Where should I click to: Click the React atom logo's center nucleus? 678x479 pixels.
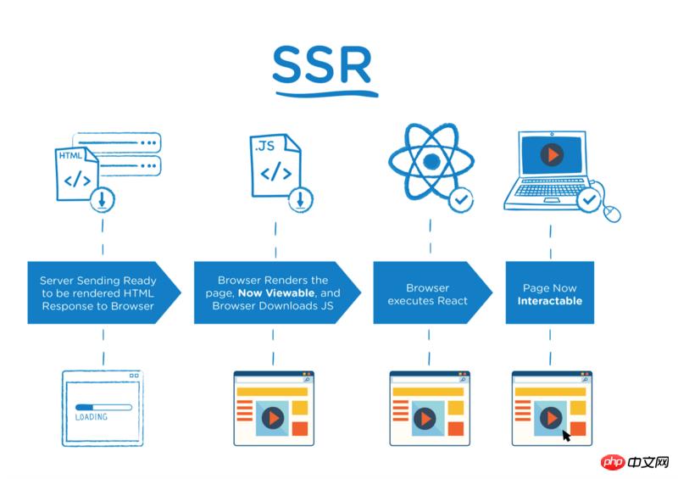(x=431, y=161)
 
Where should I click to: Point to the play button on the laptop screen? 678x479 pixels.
(x=551, y=155)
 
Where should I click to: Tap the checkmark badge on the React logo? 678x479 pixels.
(x=460, y=200)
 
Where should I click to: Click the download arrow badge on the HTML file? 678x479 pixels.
(x=103, y=201)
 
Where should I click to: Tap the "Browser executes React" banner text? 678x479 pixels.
(x=429, y=294)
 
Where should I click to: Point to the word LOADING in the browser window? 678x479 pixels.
(x=92, y=418)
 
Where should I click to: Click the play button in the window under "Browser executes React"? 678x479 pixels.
(x=426, y=418)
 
